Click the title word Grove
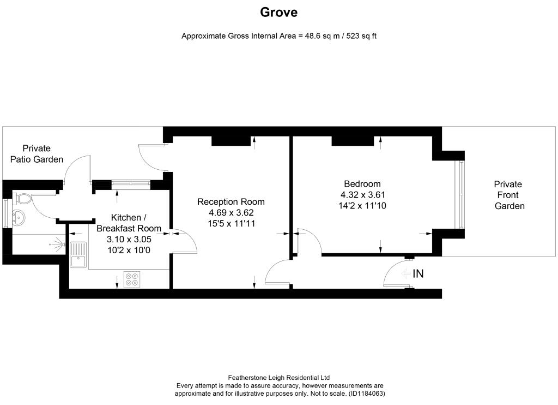(x=278, y=12)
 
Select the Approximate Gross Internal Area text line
(x=279, y=37)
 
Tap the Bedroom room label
(x=362, y=184)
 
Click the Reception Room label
(x=231, y=202)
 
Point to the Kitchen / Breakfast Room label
(x=129, y=223)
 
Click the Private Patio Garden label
(x=37, y=154)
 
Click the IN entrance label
(x=418, y=274)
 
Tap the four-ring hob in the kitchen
(x=131, y=279)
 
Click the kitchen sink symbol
(x=78, y=254)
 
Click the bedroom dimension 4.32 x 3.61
(x=363, y=195)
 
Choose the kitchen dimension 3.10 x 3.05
(x=129, y=239)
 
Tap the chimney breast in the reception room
(x=231, y=140)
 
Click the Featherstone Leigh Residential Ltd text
(x=278, y=378)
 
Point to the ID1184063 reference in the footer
(x=366, y=393)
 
